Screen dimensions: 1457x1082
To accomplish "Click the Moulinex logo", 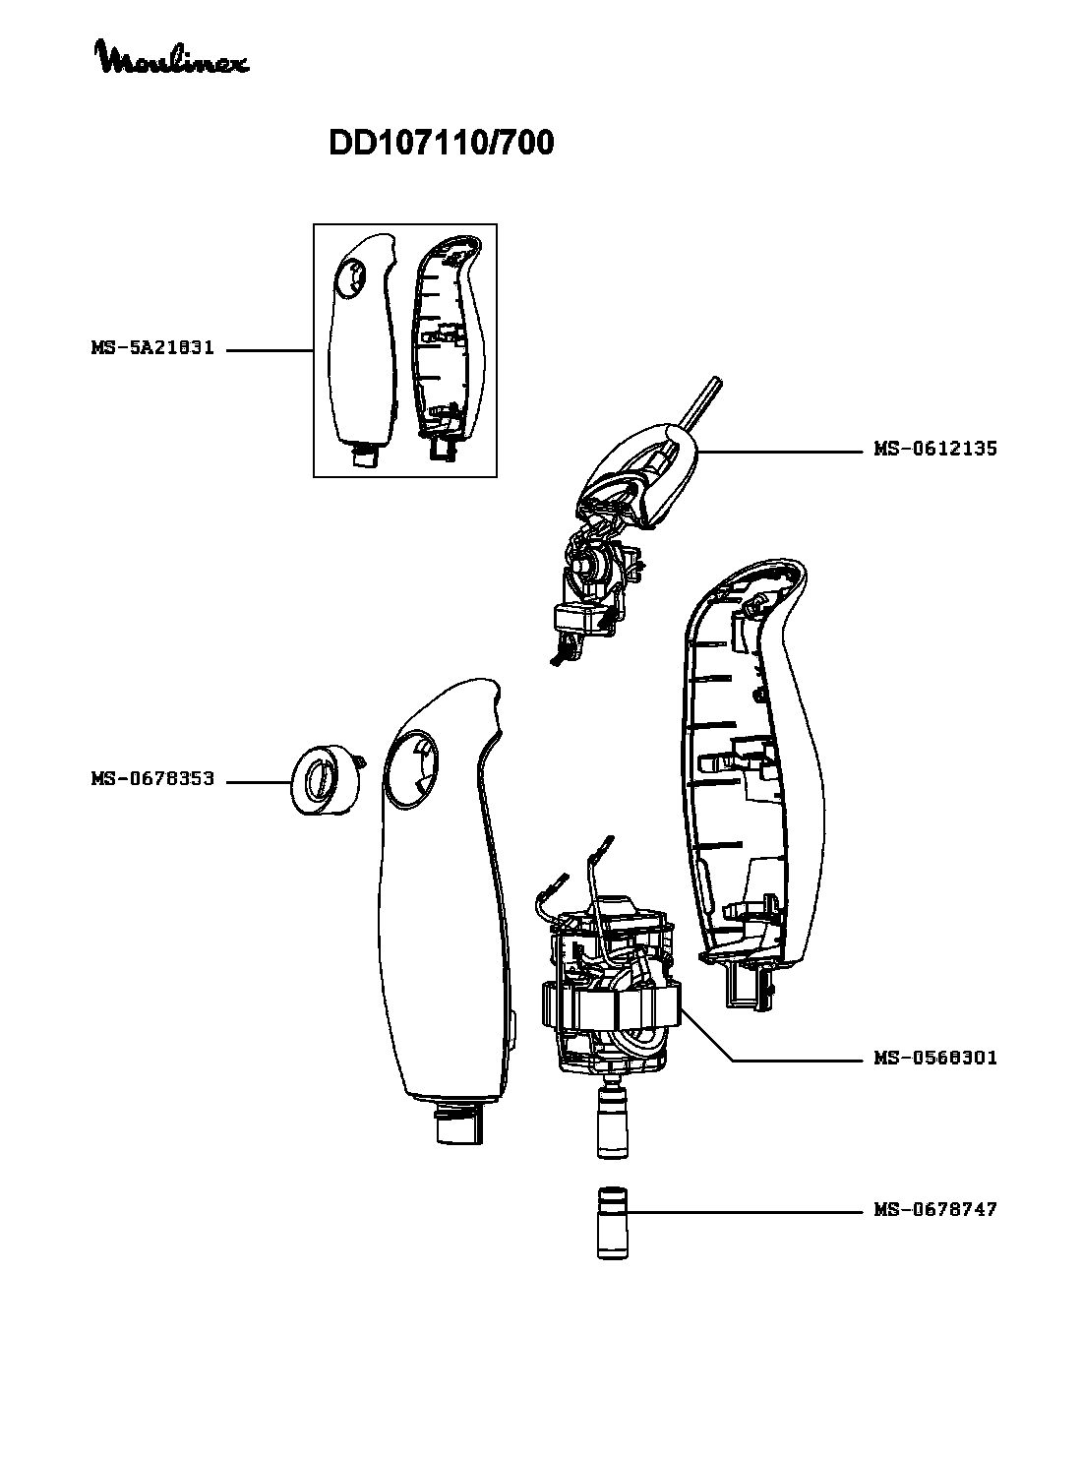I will pyautogui.click(x=171, y=57).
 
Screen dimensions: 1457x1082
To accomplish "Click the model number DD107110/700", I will pyautogui.click(x=441, y=144).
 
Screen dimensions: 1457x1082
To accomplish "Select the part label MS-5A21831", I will pyautogui.click(x=152, y=349).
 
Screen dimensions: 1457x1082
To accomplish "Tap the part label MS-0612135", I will pyautogui.click(x=934, y=449).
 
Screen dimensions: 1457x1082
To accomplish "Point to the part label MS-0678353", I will pyautogui.click(x=152, y=780).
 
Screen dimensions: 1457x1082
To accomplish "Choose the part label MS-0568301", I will pyautogui.click(x=934, y=1059).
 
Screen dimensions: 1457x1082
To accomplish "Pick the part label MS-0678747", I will pyautogui.click(x=934, y=1210).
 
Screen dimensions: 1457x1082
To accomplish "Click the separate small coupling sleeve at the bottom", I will pyautogui.click(x=614, y=1223).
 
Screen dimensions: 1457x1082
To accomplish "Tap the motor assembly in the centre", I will pyautogui.click(x=610, y=994).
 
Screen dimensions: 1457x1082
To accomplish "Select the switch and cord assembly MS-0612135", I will pyautogui.click(x=630, y=512).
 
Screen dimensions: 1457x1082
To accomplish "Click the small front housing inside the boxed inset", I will pyautogui.click(x=361, y=344).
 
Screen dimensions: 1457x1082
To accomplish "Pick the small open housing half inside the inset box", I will pyautogui.click(x=448, y=344).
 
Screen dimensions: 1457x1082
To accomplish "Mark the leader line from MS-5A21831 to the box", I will pyautogui.click(x=270, y=350).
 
